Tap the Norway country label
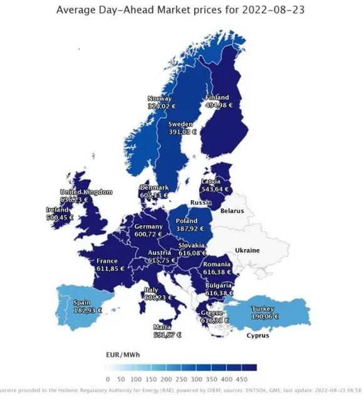pos(159,99)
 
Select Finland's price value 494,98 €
pos(219,106)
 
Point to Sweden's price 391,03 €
pos(182,132)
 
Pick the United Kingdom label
pos(86,191)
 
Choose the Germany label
pos(148,226)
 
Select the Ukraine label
pos(246,250)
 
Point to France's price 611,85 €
pos(107,269)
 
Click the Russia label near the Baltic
pos(200,203)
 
